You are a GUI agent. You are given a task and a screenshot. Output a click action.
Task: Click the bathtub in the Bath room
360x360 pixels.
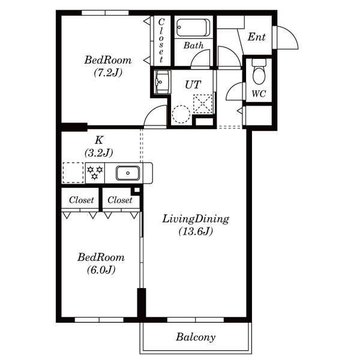(193, 28)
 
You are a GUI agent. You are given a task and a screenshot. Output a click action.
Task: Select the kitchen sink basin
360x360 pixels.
(128, 173)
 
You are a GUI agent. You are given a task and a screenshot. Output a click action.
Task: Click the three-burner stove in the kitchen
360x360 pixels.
(95, 173)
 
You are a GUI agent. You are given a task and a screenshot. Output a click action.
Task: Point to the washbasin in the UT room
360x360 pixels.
(162, 82)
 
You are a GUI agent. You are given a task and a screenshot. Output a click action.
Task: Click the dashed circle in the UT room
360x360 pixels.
(181, 114)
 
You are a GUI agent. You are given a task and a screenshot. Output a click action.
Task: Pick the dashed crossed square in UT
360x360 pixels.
(203, 104)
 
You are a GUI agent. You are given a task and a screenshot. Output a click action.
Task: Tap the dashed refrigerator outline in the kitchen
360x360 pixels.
(73, 173)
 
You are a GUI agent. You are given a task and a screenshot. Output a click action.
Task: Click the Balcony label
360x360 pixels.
(196, 337)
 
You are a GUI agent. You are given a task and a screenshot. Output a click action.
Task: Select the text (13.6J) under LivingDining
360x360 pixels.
(196, 231)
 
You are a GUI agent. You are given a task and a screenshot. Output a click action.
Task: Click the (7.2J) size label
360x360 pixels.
(108, 73)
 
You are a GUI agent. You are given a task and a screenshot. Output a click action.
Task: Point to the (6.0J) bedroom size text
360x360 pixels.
(101, 270)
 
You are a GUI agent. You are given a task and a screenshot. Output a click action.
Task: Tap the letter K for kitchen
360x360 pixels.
(99, 140)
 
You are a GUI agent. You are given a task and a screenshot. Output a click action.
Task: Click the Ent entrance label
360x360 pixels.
(256, 37)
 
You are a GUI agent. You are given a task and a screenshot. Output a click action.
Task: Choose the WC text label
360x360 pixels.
(259, 94)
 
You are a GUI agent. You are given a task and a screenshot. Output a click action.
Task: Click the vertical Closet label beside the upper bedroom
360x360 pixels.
(161, 40)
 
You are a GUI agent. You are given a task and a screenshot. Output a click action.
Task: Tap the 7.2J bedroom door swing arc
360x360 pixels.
(149, 111)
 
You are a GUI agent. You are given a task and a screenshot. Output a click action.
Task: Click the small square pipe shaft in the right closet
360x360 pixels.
(136, 190)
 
